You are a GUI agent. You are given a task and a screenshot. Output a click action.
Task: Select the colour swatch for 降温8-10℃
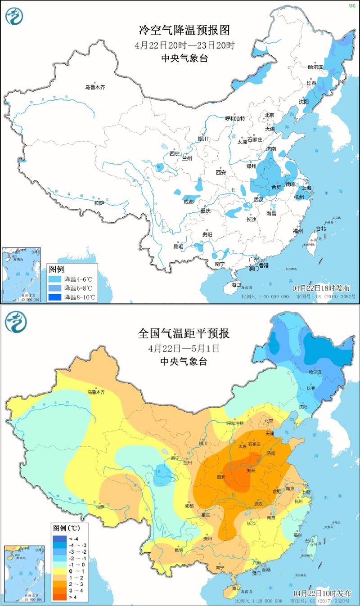pos(56,297)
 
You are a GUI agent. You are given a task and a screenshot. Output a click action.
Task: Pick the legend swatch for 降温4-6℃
pos(56,279)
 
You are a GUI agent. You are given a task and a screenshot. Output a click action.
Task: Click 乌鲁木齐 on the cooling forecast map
pos(95,87)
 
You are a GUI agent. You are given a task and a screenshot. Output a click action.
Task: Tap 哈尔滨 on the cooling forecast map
pos(315,67)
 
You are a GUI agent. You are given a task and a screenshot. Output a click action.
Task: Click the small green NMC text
pos(351,6)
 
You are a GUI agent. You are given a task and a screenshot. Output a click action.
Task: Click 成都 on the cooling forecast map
pos(189,202)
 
